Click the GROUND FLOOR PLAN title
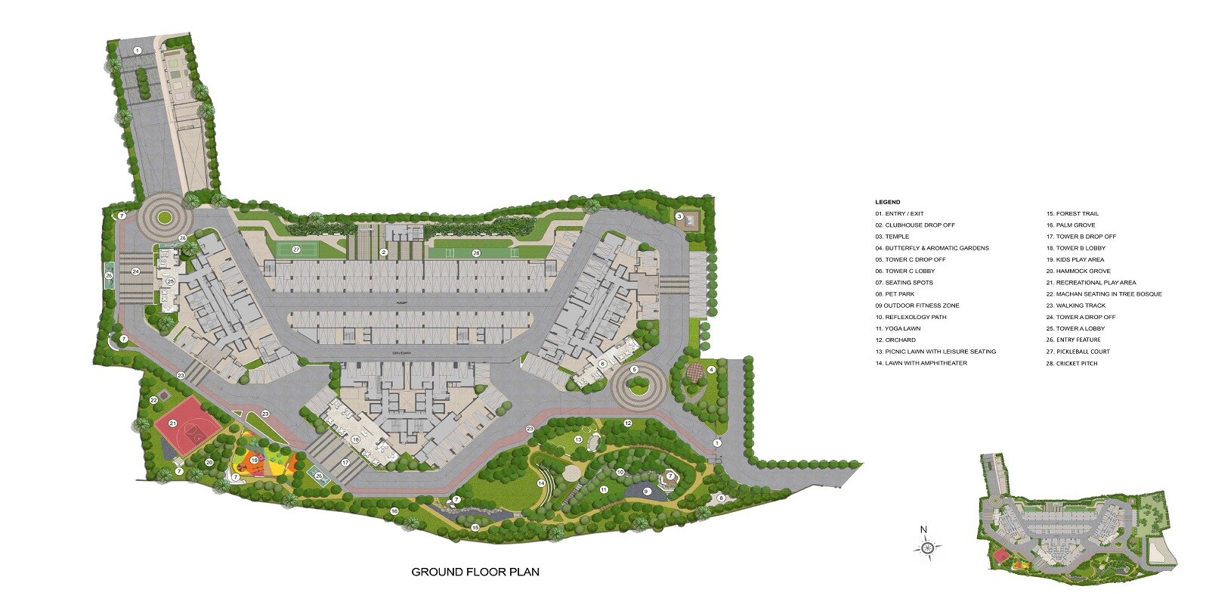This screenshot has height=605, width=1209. [475, 572]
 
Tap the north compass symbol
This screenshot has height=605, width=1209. [927, 547]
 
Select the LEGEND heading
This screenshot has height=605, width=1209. [887, 202]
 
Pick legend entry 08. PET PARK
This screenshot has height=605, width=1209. [895, 294]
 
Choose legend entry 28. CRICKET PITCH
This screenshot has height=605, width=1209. [1071, 363]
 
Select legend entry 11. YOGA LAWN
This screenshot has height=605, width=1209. [898, 328]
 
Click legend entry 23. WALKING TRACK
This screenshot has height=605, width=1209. [1075, 306]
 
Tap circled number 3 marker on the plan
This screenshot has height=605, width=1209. [679, 217]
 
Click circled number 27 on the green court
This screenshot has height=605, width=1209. [296, 250]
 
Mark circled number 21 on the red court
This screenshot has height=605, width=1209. [172, 423]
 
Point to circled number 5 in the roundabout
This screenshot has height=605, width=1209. [635, 369]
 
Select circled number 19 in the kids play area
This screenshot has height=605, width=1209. [255, 460]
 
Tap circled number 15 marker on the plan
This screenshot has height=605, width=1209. [475, 527]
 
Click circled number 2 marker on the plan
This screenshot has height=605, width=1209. [384, 253]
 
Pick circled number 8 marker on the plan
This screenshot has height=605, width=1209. [721, 498]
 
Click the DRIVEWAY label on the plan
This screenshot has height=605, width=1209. [401, 352]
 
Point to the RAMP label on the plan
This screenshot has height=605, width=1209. [402, 302]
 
